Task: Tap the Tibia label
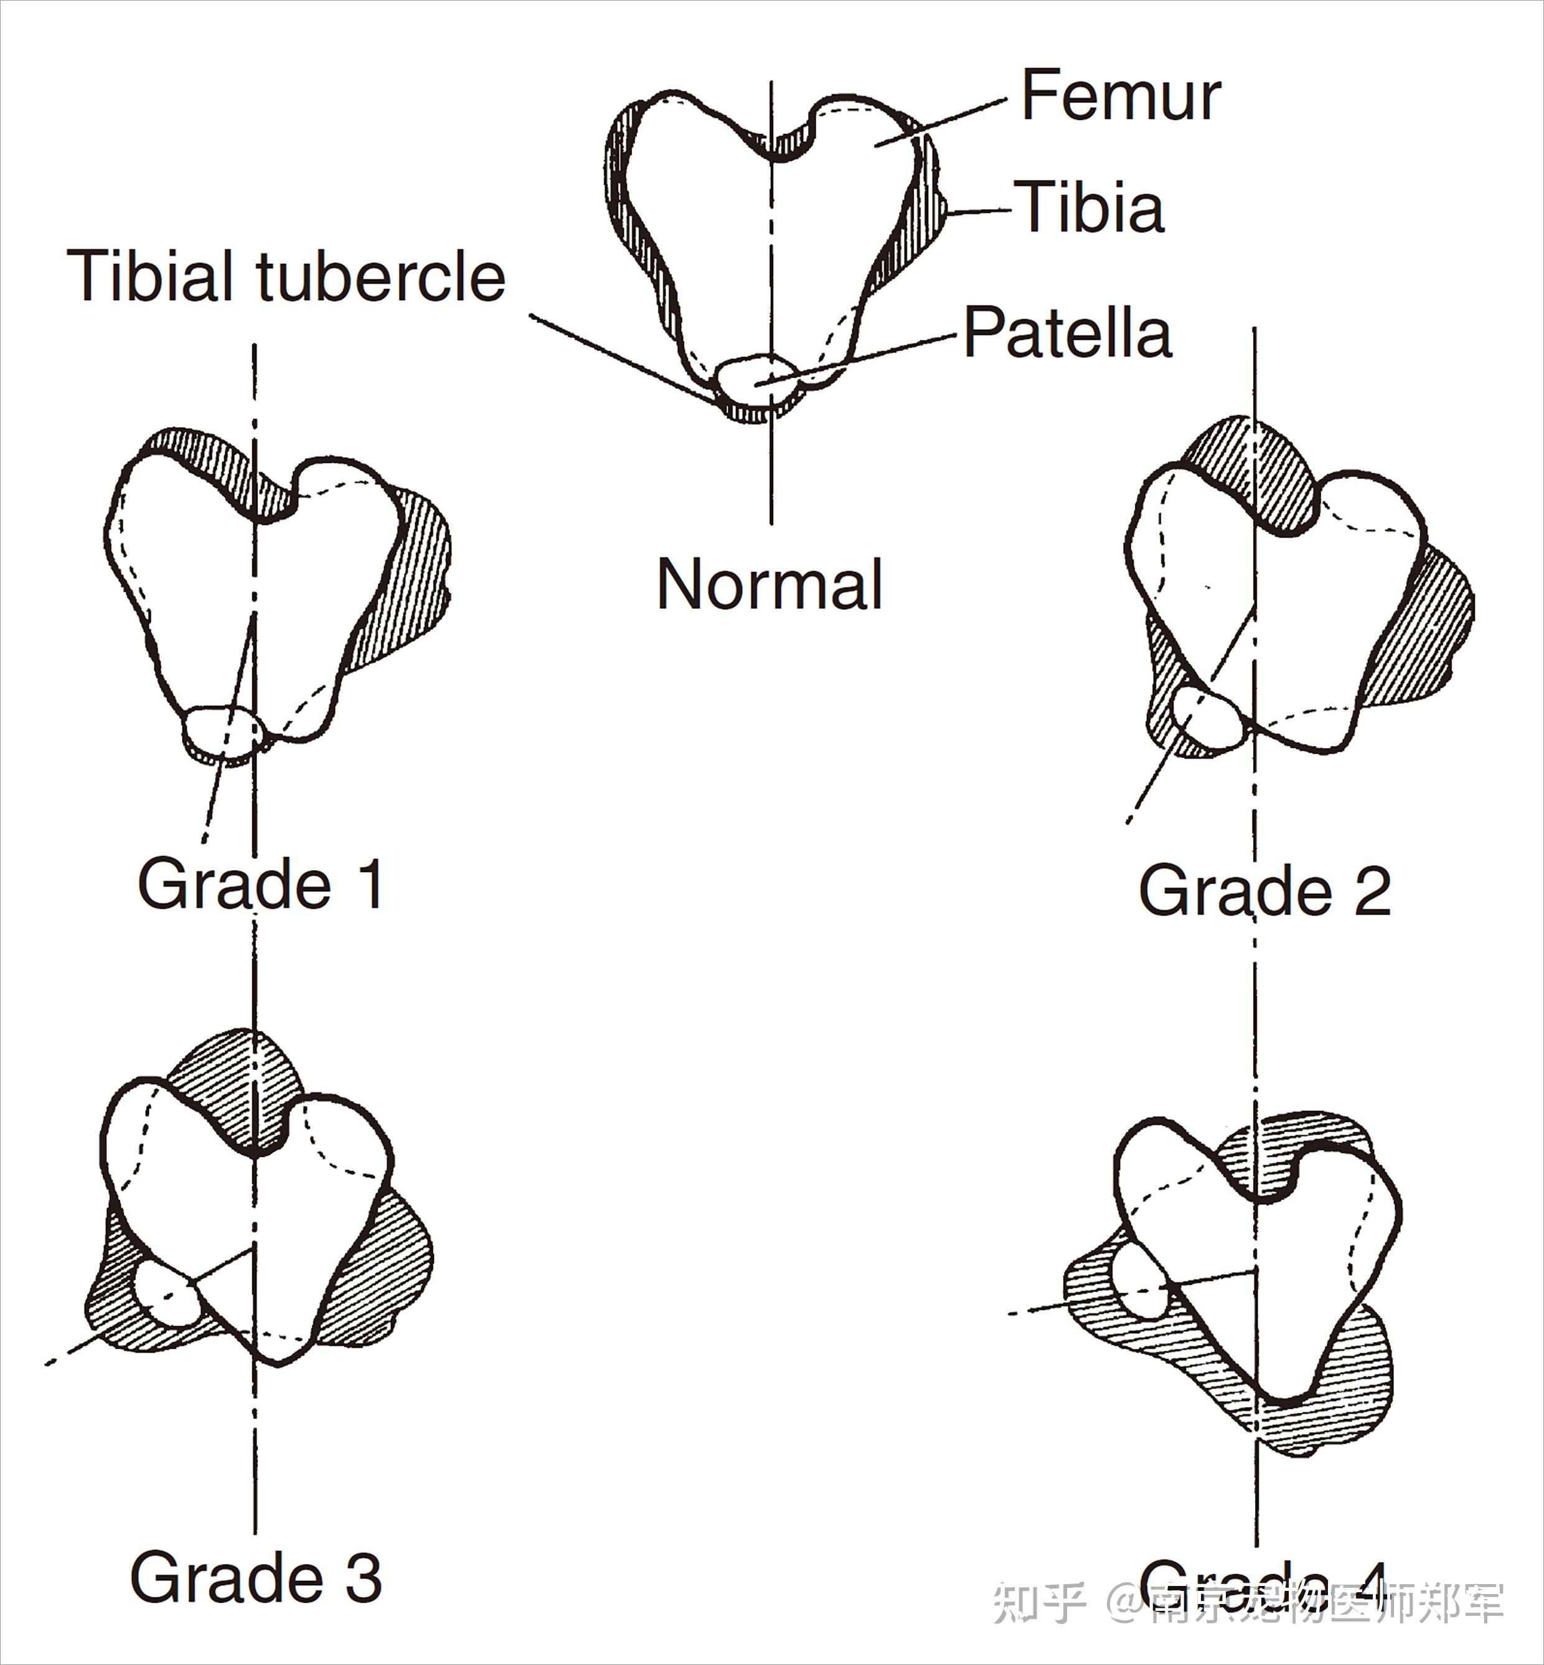[1090, 208]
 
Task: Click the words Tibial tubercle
[286, 276]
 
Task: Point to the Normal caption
[770, 585]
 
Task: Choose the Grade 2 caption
[1264, 891]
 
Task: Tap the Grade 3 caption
[256, 1577]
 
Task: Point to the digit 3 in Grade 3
[364, 1577]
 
